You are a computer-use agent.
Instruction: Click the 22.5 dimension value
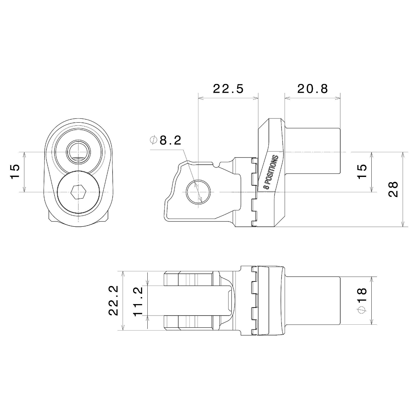pos(228,88)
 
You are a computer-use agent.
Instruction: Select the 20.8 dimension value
pos(312,88)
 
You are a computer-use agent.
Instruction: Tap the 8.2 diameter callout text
pos(170,140)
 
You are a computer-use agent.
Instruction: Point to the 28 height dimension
pos(393,189)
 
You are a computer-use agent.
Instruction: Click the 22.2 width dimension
pos(113,300)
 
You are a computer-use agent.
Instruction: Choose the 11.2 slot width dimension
pos(138,301)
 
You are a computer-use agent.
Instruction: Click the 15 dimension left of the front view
pos(15,171)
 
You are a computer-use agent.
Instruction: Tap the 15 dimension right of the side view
pos(362,171)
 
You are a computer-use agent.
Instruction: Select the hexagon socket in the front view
pos(78,192)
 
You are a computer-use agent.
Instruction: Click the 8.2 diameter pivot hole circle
pos(198,192)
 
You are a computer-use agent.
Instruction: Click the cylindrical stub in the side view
pos(312,151)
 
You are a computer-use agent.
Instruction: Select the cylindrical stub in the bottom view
pos(312,301)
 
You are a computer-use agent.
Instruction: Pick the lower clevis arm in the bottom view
pos(188,323)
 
